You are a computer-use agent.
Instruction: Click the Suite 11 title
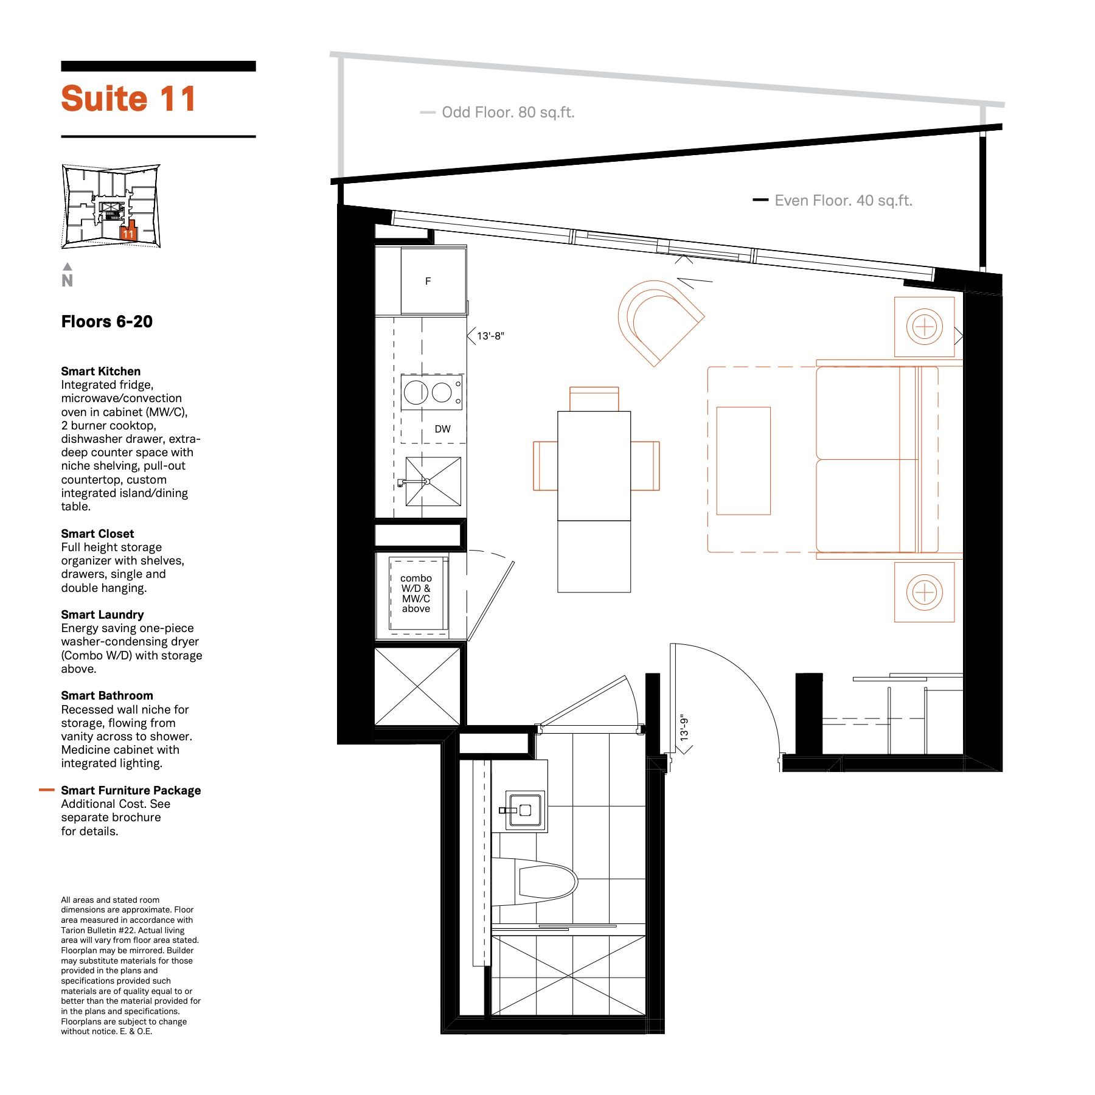click(128, 99)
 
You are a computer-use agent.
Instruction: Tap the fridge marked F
click(433, 281)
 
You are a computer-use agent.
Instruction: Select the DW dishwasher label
click(442, 429)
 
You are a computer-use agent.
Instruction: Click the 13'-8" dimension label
click(490, 336)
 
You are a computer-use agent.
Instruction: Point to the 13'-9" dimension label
click(684, 727)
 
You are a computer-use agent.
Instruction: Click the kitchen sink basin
click(433, 481)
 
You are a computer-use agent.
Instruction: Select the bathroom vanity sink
click(525, 810)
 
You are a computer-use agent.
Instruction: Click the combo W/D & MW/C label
click(416, 593)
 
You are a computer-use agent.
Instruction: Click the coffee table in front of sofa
click(743, 461)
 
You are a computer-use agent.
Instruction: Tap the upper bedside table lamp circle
click(925, 327)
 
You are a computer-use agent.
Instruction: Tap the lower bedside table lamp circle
click(925, 592)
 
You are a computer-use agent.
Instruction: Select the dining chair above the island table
click(594, 399)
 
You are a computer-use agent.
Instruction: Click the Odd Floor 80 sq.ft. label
click(508, 113)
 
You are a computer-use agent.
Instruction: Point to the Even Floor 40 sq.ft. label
click(843, 201)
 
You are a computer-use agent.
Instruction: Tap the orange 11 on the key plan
click(128, 234)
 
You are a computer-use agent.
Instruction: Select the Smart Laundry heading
click(102, 614)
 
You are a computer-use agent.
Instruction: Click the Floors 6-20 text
click(106, 322)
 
